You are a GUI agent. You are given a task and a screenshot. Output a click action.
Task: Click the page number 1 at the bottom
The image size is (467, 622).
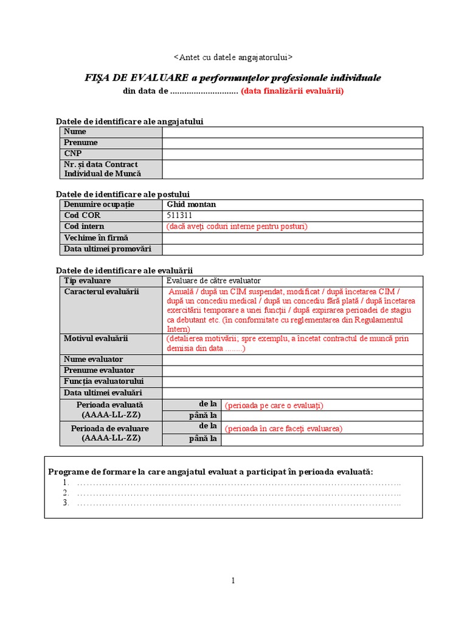pos(233,581)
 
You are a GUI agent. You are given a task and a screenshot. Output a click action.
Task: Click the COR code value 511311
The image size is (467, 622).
pos(181,216)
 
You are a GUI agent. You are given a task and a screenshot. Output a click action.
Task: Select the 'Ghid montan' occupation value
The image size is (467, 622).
pos(191,205)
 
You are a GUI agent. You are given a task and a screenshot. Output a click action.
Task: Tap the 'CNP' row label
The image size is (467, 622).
pos(72,154)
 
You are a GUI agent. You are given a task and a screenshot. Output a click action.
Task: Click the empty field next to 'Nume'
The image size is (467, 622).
pos(292,132)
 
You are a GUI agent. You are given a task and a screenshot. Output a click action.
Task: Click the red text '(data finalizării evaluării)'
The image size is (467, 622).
pos(292,91)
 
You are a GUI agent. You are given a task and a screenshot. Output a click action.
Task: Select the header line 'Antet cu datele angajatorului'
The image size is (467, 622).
pos(233,57)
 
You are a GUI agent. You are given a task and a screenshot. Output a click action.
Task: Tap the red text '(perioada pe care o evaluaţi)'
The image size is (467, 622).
pos(274,405)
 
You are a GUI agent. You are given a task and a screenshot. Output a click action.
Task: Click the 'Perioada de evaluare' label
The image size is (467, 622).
pos(110,428)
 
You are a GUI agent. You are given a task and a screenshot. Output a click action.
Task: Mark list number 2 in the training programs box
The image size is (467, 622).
pos(66,493)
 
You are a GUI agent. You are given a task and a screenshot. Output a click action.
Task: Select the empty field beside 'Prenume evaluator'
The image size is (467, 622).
pos(292,371)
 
